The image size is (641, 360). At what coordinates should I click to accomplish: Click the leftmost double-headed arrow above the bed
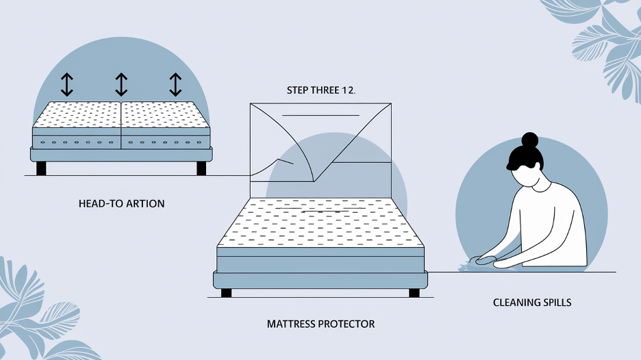point(66,84)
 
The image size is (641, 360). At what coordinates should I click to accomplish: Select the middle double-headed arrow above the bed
point(121,84)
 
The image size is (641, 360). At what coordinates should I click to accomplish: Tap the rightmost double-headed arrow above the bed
point(175,84)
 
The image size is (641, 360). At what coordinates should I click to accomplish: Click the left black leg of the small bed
point(41,168)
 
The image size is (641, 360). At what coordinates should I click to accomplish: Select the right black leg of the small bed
point(201,168)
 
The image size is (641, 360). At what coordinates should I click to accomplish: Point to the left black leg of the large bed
point(226,293)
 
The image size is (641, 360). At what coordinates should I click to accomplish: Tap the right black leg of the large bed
point(414,293)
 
